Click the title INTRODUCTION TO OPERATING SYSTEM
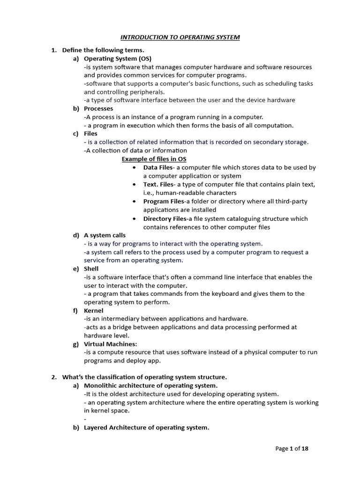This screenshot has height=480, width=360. point(180,37)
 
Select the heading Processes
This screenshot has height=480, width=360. point(98,108)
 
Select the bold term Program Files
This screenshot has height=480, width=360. point(164,201)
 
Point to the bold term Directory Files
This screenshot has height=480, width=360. point(165,218)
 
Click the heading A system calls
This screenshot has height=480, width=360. point(105,235)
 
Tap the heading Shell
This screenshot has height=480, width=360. point(91,269)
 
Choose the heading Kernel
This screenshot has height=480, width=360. point(93,310)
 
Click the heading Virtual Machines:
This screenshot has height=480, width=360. point(107,344)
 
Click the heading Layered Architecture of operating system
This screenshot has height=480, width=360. point(146,427)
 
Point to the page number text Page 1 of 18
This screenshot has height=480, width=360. point(292,449)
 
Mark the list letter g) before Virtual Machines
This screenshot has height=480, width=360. point(75,344)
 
